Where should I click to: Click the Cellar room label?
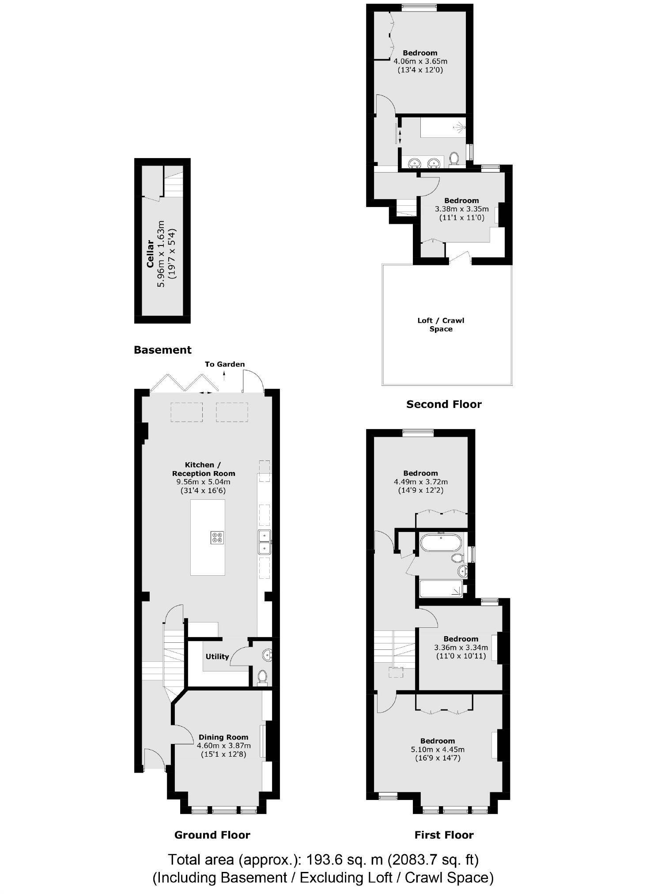tap(150, 253)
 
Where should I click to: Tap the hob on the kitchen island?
tap(217, 537)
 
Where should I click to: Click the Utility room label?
tap(217, 656)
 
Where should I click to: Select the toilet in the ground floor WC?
tap(262, 676)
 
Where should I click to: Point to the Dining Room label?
tap(223, 737)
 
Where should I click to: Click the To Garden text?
tap(224, 364)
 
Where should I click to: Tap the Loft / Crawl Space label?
tap(441, 324)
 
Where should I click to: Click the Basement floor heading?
tap(162, 350)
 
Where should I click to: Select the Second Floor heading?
tap(444, 404)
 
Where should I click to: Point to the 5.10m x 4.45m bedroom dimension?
tap(438, 749)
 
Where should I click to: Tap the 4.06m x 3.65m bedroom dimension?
tap(420, 61)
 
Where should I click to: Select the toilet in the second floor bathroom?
tap(453, 158)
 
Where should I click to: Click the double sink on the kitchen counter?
tap(264, 542)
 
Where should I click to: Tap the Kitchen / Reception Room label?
tap(203, 469)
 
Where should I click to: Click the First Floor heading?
tap(444, 835)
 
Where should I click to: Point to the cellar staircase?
tap(174, 185)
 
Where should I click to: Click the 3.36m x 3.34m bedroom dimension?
tap(461, 648)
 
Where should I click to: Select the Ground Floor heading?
tap(212, 835)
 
